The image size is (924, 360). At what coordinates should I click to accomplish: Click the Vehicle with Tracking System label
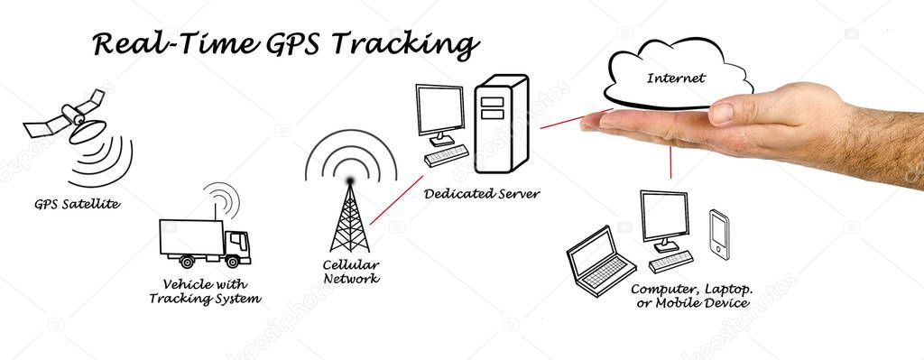[205, 291]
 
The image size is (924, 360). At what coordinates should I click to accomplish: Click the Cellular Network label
[351, 272]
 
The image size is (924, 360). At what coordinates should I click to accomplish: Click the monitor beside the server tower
[440, 113]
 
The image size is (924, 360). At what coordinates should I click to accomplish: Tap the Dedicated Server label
[482, 193]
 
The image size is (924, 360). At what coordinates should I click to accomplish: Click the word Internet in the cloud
[675, 78]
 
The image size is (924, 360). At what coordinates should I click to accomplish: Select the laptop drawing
[597, 262]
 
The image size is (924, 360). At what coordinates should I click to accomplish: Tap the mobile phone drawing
[719, 232]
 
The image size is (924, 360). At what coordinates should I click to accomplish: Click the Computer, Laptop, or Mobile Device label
[691, 295]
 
